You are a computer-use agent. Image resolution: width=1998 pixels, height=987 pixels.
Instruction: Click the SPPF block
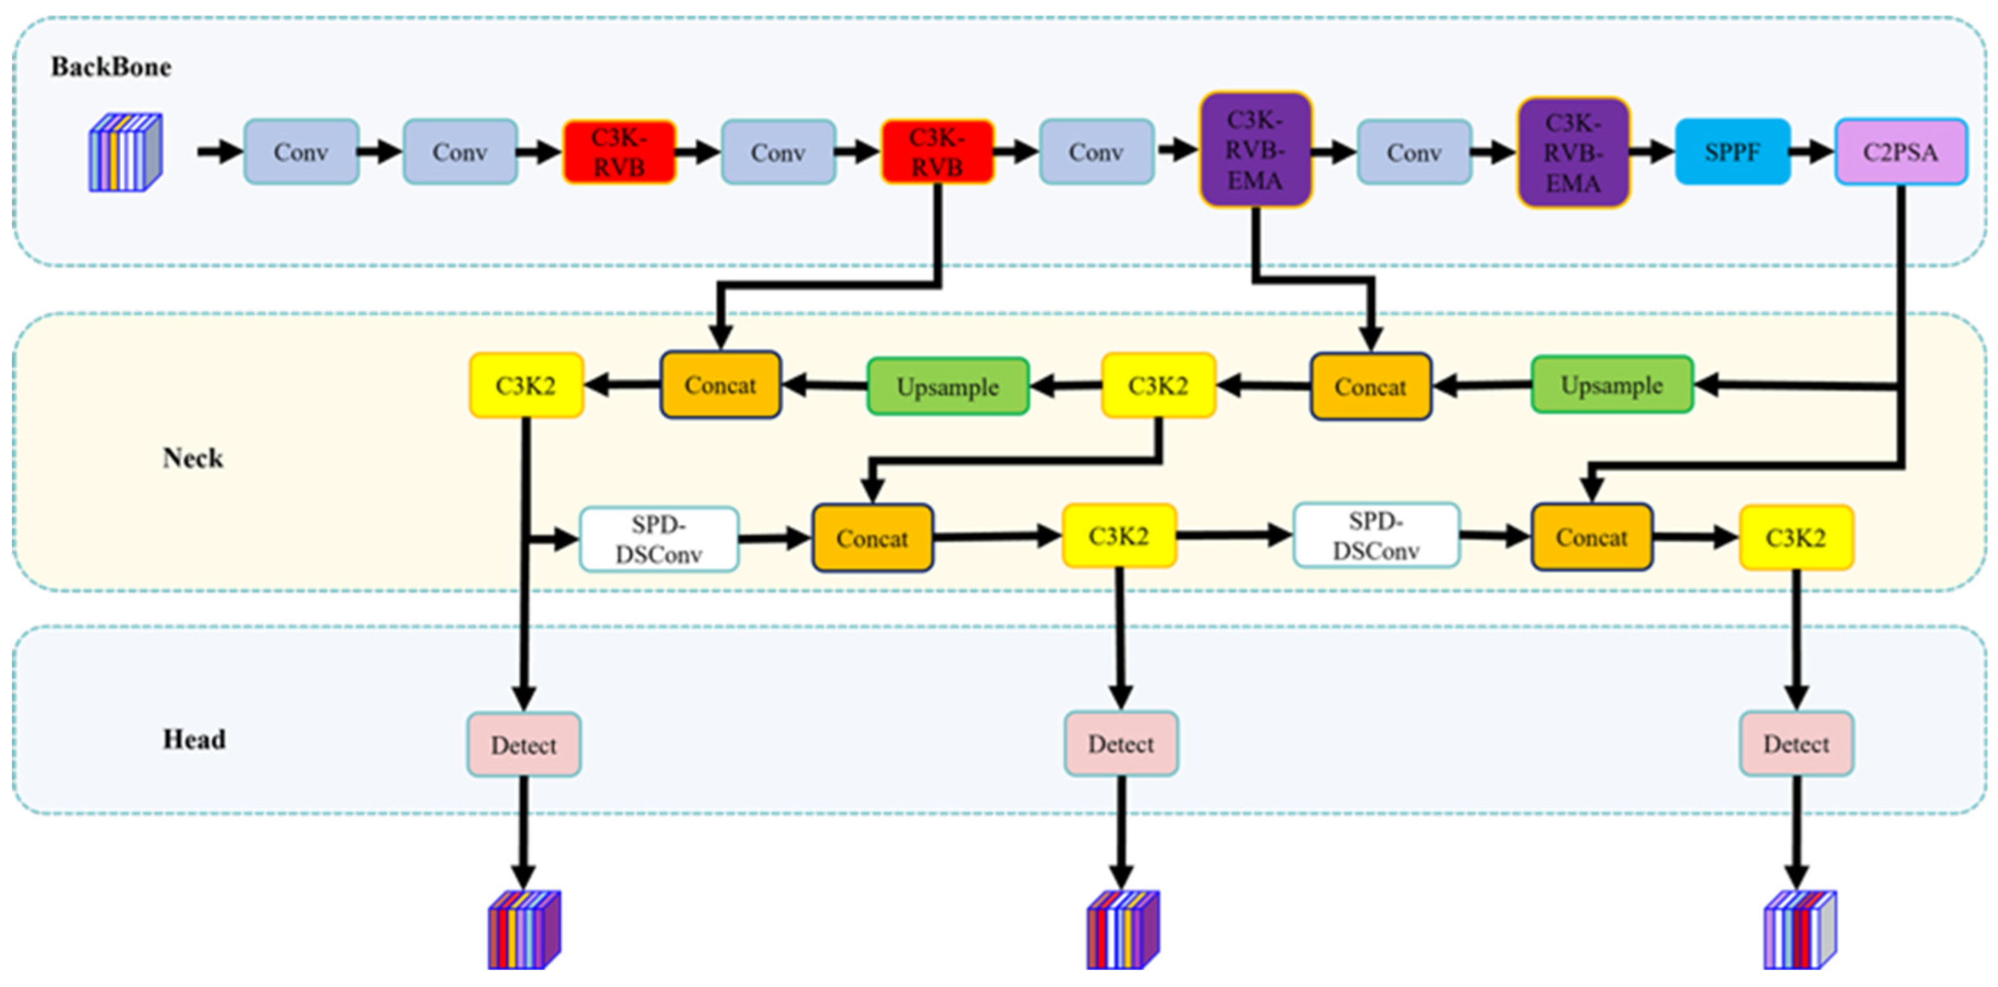(1732, 152)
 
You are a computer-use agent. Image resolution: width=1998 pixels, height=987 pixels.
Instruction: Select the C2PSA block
(1900, 152)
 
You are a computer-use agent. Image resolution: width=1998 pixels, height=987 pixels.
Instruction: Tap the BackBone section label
(111, 67)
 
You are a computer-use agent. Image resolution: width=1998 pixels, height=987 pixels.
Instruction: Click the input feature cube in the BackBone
(125, 152)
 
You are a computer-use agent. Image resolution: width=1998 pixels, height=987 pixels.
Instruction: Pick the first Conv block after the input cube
(301, 152)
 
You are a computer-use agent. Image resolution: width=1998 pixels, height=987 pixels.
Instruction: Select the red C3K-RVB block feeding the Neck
(937, 152)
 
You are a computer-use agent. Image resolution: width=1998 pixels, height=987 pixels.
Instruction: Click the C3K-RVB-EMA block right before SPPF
(1573, 152)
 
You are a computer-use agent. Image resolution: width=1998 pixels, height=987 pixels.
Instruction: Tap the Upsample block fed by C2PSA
(1612, 385)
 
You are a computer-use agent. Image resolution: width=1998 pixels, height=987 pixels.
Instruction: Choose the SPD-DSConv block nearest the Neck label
(659, 540)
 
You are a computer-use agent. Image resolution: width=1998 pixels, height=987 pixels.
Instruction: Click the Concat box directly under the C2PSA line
(1591, 537)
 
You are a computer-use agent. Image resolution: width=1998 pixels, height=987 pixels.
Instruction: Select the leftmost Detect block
(523, 745)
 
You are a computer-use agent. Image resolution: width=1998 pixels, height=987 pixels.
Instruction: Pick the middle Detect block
(1121, 744)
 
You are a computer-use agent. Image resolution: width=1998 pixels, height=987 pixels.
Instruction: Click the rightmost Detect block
(1797, 744)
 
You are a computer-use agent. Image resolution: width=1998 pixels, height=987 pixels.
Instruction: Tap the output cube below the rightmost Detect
(1799, 930)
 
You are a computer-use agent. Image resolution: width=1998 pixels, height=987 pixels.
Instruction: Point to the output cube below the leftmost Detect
(523, 930)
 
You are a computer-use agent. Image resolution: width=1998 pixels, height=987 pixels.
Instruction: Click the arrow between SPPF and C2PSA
(1812, 152)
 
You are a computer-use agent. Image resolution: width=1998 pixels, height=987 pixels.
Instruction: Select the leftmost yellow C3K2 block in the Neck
(526, 386)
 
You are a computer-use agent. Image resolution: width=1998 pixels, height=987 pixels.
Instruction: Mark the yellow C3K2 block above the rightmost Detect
(1797, 538)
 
